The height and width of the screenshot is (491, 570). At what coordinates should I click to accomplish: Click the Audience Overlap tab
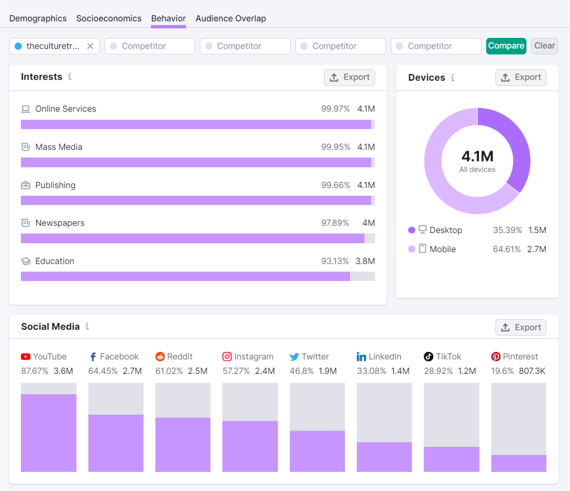(231, 18)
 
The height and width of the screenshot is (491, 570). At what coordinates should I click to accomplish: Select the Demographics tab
(38, 18)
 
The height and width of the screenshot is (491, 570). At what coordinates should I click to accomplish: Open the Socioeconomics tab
(109, 18)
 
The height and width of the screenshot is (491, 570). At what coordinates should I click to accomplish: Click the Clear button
(544, 46)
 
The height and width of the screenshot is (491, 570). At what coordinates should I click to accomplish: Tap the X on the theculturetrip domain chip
(90, 46)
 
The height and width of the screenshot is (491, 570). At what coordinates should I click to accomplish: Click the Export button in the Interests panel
(349, 77)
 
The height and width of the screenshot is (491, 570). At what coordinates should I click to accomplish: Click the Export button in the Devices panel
(521, 77)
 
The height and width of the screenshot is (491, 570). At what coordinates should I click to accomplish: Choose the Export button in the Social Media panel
(521, 328)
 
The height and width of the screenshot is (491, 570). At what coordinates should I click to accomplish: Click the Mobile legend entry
(442, 249)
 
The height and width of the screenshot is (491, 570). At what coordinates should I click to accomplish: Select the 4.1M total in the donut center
(477, 156)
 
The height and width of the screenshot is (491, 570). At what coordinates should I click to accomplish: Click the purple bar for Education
(185, 276)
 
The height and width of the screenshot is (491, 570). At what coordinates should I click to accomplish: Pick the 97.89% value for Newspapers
(335, 223)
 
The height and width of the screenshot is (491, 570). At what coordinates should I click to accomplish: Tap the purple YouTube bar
(49, 433)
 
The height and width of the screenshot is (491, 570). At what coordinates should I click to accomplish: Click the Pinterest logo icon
(496, 356)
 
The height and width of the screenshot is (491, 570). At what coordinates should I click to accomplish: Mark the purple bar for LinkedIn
(384, 456)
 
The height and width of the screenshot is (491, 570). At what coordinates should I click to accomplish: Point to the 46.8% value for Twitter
(301, 371)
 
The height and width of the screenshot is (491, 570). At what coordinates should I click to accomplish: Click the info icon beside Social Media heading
(87, 326)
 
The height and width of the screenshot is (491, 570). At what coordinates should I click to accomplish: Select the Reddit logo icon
(160, 356)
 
